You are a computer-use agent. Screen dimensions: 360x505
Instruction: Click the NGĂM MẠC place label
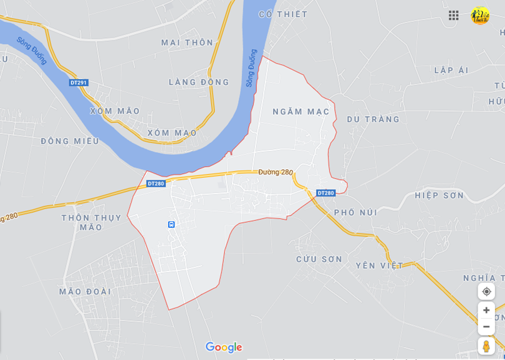coord(301,112)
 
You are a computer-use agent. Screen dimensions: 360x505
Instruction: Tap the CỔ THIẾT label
coord(283,14)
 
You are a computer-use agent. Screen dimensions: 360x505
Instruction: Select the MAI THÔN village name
coord(187,42)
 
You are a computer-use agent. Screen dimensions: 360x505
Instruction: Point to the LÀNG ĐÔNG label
coord(199,82)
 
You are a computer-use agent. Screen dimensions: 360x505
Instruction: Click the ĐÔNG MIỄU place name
coord(70,141)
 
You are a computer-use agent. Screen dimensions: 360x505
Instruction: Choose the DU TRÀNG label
coord(373,119)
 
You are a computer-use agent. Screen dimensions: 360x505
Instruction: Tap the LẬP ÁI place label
coord(451,70)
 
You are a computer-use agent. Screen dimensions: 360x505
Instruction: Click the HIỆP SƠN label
coord(440,195)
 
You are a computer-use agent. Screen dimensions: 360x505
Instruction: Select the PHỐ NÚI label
coord(355,212)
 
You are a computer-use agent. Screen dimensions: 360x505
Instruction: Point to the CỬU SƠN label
coord(319,259)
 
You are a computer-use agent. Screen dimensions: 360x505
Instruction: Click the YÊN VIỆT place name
coord(379,265)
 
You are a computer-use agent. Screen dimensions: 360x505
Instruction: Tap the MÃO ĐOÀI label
coord(85,291)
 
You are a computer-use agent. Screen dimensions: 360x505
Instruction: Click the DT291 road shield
coord(79,82)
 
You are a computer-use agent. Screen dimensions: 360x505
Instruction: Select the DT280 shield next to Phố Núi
coord(325,193)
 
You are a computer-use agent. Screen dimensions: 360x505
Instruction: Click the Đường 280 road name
coord(276,172)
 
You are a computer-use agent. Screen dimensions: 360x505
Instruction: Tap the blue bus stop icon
coord(171,225)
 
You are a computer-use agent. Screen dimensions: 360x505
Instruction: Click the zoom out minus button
coord(486,326)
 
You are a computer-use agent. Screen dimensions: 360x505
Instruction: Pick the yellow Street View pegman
coord(486,346)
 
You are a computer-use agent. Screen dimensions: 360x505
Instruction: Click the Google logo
coord(223,348)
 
